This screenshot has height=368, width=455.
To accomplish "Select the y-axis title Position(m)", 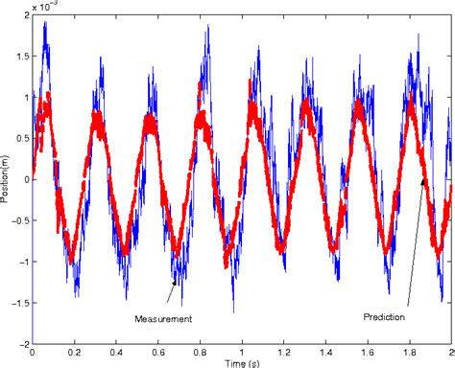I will (x=7, y=176).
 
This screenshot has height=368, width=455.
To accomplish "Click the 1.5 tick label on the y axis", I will (x=18, y=57).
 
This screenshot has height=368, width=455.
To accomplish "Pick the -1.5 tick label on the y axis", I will (x=16, y=300).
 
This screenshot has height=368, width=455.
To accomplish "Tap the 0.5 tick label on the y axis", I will (x=18, y=138).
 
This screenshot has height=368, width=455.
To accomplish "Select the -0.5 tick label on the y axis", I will (x=16, y=219).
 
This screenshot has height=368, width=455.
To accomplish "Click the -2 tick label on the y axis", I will (x=21, y=341).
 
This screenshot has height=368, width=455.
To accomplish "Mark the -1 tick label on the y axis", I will (x=21, y=260).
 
